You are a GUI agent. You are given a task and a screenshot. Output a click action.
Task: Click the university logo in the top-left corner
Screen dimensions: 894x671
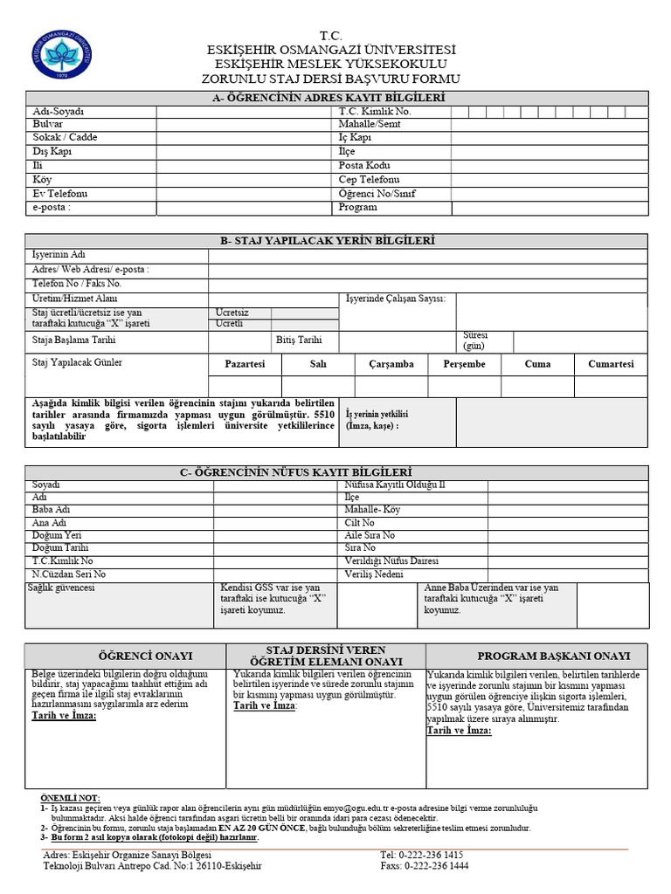tap(60, 55)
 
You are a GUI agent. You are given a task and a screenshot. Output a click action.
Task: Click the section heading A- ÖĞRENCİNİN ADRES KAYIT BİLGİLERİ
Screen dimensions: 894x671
tap(335, 98)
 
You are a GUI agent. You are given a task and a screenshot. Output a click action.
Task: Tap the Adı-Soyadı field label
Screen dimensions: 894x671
tap(57, 111)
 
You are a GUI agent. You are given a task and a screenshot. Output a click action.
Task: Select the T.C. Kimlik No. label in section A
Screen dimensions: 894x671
tap(374, 111)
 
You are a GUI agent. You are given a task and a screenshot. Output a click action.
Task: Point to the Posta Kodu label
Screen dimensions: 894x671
tap(364, 165)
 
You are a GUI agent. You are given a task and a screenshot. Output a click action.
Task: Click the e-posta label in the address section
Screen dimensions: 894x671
tap(52, 207)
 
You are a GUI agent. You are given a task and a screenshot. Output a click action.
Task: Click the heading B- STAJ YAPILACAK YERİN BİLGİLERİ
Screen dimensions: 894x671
tap(335, 240)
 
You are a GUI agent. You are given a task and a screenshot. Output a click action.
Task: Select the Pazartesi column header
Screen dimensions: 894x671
tap(245, 364)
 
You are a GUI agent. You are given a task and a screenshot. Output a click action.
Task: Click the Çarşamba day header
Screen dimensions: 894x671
tap(391, 364)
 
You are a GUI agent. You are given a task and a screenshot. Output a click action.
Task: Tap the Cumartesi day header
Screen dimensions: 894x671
tap(611, 364)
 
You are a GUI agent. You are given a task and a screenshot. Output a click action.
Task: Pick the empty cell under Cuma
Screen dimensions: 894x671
tap(537, 386)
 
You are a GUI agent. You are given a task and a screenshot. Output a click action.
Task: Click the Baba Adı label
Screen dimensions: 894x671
tap(50, 509)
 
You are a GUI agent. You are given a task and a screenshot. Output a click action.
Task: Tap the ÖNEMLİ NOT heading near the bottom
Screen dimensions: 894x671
tap(71, 798)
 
